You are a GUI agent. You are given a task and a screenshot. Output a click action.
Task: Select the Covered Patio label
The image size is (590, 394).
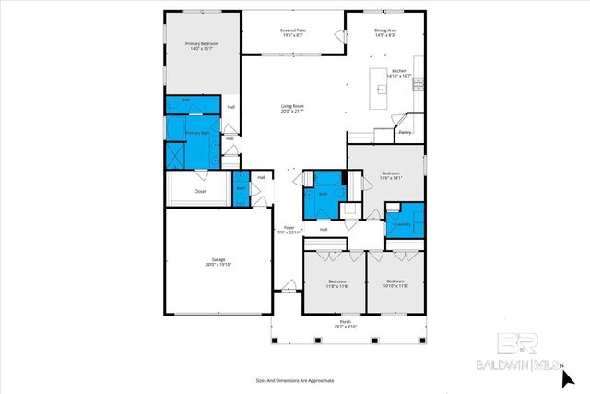pyautogui.click(x=294, y=30)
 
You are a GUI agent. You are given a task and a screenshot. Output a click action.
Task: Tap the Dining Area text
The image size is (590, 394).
pyautogui.click(x=385, y=30)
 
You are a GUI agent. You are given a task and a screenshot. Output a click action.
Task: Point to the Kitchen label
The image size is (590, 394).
pyautogui.click(x=398, y=71)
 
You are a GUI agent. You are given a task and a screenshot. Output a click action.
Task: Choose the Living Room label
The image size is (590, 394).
pyautogui.click(x=292, y=107)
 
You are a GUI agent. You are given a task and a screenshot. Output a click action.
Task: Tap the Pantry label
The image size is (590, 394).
pyautogui.click(x=404, y=132)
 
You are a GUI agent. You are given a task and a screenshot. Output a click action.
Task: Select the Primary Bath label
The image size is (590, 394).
pyautogui.click(x=198, y=133)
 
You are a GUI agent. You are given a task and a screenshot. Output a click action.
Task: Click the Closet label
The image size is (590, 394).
pyautogui.click(x=200, y=191)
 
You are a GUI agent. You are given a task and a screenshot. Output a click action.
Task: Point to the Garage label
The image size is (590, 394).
pyautogui.click(x=218, y=260)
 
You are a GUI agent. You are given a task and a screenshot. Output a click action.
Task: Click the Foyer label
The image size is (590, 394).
pyautogui.click(x=289, y=227)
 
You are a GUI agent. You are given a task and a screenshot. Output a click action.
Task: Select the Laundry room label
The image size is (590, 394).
pyautogui.click(x=402, y=224)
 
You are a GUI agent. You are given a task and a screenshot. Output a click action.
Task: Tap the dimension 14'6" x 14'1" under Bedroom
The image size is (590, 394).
pyautogui.click(x=392, y=178)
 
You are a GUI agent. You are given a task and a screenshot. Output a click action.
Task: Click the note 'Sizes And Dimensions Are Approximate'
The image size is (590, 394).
pyautogui.click(x=294, y=379)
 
